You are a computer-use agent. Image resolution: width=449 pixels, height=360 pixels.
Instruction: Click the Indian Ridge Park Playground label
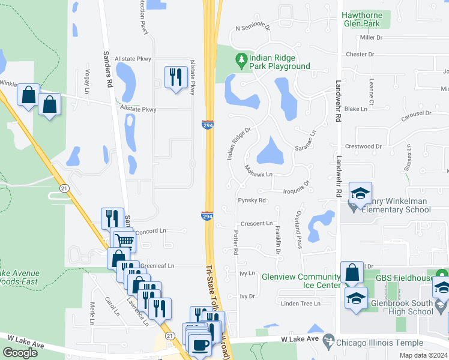(x=280, y=62)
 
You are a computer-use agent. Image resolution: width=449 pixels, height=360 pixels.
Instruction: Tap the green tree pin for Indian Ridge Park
(x=241, y=59)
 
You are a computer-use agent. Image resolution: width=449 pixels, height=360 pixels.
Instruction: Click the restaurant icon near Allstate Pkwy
(x=175, y=77)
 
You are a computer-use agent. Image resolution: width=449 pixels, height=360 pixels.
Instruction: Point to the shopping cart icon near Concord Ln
(x=124, y=241)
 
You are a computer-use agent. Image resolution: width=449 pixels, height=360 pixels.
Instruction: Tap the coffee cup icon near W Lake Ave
(x=199, y=345)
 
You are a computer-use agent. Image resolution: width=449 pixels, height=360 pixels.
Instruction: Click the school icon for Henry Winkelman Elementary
(x=360, y=193)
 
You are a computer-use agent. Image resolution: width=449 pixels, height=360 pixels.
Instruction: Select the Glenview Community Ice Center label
(x=301, y=281)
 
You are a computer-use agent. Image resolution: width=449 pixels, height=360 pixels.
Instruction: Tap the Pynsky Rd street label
(x=252, y=200)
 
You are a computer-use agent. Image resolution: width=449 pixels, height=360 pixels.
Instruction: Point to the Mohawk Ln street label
(x=259, y=175)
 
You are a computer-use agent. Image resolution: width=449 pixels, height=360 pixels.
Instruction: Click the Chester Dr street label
(x=360, y=55)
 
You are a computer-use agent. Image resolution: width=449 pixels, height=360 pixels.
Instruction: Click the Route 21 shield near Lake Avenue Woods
(x=64, y=188)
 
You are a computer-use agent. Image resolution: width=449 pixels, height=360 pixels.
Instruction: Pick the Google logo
(x=20, y=353)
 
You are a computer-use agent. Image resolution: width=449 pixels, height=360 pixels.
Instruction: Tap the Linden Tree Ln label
(x=301, y=304)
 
